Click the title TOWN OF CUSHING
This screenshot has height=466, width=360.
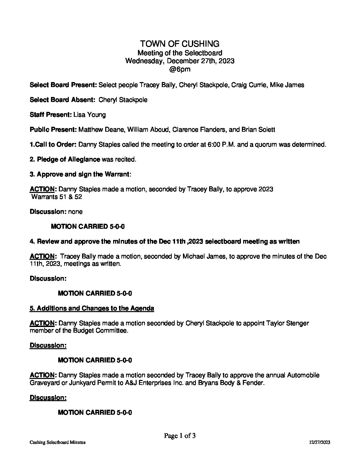point(180,44)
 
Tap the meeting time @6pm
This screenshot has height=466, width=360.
point(180,70)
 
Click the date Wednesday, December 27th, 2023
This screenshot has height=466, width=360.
point(180,61)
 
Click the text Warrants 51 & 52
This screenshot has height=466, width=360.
point(57,197)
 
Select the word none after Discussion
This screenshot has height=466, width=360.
point(75,212)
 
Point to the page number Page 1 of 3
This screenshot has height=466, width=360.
point(180,436)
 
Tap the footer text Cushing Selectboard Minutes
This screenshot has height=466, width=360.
point(58,443)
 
